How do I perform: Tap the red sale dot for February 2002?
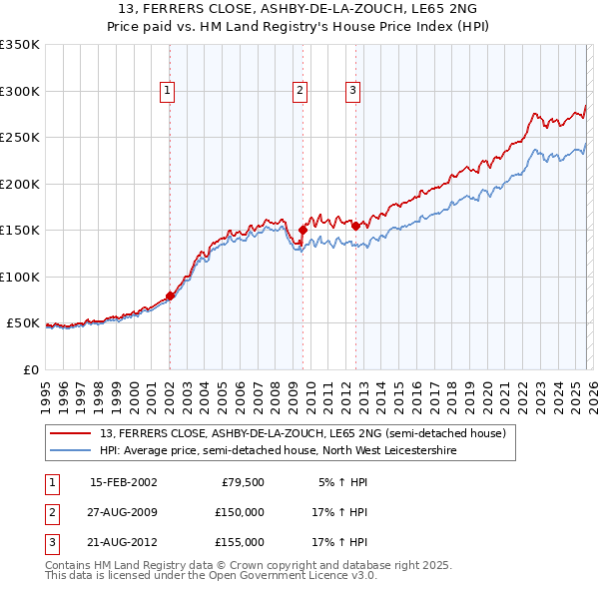click(170, 295)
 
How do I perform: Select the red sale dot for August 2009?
click(302, 231)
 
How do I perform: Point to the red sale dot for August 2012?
click(355, 226)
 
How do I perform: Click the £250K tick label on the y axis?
click(19, 138)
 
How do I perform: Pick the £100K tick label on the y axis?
click(19, 277)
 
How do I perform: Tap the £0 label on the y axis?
click(30, 369)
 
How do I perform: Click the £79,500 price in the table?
click(243, 482)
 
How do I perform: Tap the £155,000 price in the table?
click(240, 542)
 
